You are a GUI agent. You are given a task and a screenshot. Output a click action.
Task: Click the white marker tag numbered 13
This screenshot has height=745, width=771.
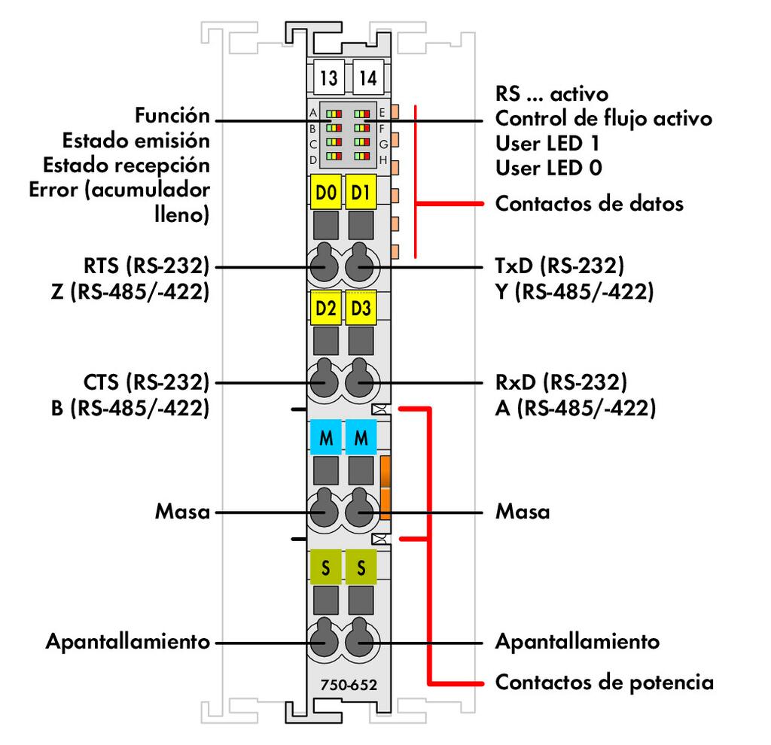point(328,78)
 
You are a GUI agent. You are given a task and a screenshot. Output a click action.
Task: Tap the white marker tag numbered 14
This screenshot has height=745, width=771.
point(368,78)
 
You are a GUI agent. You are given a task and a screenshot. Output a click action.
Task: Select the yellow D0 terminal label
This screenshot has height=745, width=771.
point(326,193)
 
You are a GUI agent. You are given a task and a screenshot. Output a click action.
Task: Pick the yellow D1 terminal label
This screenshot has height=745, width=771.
point(361,193)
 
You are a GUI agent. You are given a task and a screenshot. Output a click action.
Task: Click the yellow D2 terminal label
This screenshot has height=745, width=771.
point(326,308)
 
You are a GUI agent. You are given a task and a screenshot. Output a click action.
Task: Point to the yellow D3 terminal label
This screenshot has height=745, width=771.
point(361,308)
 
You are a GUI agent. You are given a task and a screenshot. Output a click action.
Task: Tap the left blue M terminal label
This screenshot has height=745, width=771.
point(326,438)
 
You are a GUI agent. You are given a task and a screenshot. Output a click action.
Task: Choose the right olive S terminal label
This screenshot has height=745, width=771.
point(361,568)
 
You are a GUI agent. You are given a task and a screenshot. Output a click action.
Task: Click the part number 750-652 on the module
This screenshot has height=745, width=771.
point(349,686)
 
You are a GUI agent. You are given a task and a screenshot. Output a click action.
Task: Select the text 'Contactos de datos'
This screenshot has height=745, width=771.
point(589,203)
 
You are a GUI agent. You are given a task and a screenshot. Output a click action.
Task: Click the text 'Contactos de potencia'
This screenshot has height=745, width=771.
point(604,683)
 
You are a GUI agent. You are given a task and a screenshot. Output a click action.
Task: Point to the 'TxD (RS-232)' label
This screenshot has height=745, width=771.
point(559,266)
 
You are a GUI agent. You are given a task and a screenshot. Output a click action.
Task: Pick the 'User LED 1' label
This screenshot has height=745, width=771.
point(547,143)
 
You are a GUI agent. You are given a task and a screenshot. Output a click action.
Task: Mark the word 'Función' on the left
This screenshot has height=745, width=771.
point(172,117)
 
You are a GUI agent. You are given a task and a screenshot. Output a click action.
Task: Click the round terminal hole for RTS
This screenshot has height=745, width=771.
point(325,266)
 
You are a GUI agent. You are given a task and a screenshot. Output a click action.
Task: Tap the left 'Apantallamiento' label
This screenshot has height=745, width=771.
point(127,643)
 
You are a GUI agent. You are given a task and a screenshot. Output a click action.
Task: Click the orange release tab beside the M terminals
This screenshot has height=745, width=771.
point(385,487)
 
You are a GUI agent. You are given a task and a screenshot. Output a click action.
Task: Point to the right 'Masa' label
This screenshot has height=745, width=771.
point(522,512)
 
